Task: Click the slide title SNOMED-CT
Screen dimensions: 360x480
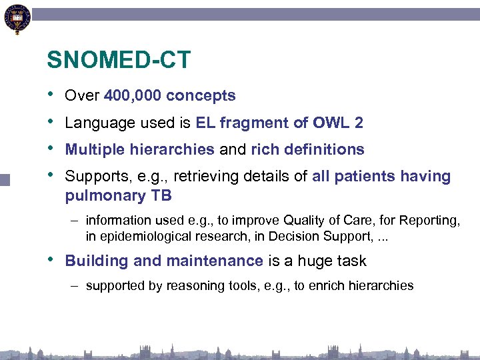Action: [118, 61]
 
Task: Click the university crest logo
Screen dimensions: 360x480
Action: [17, 19]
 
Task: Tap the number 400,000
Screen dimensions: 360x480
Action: [133, 96]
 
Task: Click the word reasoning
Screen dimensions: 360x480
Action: [185, 286]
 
